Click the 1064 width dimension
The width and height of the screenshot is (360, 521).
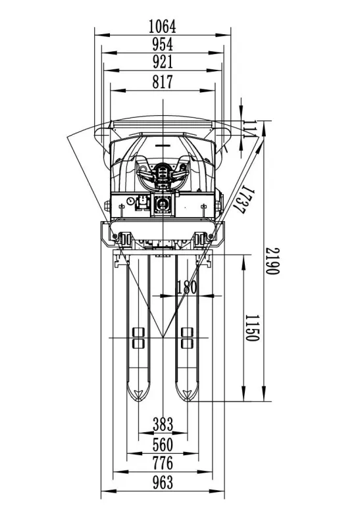pyautogui.click(x=162, y=26)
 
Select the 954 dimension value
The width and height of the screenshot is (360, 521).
pyautogui.click(x=163, y=45)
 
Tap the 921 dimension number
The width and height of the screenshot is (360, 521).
pyautogui.click(x=163, y=62)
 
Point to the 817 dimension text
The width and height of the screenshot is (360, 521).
pyautogui.click(x=163, y=82)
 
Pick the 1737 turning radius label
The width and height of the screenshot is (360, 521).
pyautogui.click(x=244, y=199)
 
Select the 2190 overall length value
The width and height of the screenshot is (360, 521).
pyautogui.click(x=272, y=261)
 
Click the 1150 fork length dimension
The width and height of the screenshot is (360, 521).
pyautogui.click(x=251, y=328)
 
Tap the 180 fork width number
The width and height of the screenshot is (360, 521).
pyautogui.click(x=186, y=287)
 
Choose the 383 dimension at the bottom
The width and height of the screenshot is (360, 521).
pyautogui.click(x=163, y=424)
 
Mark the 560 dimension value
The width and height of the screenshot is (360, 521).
pyautogui.click(x=163, y=445)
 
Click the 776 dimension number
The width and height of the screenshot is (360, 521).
pyautogui.click(x=163, y=463)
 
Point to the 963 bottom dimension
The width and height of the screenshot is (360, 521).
pyautogui.click(x=163, y=482)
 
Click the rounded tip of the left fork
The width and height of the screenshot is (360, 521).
pyautogui.click(x=138, y=400)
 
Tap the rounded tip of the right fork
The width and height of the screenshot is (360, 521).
pyautogui.click(x=187, y=400)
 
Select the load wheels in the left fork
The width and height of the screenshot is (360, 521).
pyautogui.click(x=138, y=338)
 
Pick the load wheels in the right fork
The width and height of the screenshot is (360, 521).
pyautogui.click(x=187, y=338)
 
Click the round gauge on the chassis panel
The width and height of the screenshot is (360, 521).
pyautogui.click(x=130, y=201)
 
